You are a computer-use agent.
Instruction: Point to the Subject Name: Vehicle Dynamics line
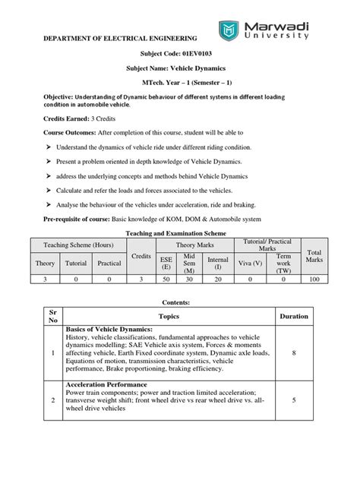179,68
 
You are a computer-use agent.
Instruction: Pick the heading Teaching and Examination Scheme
179,235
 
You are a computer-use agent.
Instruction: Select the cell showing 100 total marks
314,280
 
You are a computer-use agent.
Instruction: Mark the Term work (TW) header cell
284,263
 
